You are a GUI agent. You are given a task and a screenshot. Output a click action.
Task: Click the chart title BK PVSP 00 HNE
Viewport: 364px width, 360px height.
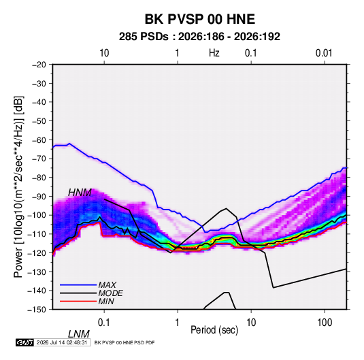200,19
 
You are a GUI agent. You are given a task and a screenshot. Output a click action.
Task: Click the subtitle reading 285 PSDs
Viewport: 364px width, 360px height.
144,37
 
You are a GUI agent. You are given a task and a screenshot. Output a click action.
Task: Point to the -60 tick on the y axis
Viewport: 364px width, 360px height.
39,140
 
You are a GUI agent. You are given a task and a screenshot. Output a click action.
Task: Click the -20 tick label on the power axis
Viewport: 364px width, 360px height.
39,65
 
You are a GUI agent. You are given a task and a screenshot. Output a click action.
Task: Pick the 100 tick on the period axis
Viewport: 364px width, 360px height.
325,323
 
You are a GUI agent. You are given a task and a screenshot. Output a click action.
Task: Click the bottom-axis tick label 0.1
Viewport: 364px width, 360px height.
104,323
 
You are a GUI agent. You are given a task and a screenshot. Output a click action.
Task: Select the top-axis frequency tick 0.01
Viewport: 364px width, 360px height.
324,53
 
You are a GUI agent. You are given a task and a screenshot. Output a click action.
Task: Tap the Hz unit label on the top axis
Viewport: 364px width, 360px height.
214,53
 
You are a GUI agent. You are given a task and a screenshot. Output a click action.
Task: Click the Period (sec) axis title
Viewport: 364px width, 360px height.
214,330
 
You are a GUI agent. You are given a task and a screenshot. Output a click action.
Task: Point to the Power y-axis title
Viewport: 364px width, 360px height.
18,186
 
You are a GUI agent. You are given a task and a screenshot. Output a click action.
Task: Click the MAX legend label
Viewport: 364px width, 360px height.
107,284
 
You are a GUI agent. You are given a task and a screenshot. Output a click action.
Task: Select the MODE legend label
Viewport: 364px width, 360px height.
110,293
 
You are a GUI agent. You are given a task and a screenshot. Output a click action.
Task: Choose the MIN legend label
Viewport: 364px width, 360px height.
106,301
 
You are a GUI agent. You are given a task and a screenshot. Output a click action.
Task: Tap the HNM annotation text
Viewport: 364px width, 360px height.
80,193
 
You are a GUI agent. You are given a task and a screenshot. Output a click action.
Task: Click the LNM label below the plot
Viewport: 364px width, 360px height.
78,334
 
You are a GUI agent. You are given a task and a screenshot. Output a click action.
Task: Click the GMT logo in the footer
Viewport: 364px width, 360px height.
25,342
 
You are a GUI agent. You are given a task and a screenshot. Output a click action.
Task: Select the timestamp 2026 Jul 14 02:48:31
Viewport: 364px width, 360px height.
62,342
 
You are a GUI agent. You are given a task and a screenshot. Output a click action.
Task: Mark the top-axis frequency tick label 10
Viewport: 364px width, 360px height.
104,53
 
